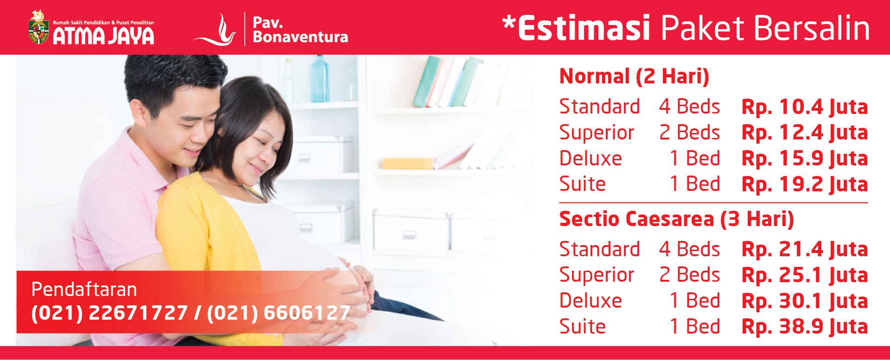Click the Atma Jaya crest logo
tap(39, 27)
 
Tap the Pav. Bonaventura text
tap(300, 30)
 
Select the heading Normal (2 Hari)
tap(634, 76)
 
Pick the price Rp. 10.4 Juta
tap(805, 107)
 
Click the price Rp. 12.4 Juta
tap(805, 133)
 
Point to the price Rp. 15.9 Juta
tap(805, 158)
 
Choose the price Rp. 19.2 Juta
tap(805, 184)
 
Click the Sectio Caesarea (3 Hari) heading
tap(676, 219)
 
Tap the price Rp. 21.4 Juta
tap(805, 249)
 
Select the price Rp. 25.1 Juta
tap(805, 275)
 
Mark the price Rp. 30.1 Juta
tap(805, 301)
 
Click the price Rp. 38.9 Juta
tap(805, 327)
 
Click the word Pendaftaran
tap(84, 290)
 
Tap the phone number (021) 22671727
tap(109, 313)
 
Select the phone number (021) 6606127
tap(279, 313)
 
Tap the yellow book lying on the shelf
tap(407, 164)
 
